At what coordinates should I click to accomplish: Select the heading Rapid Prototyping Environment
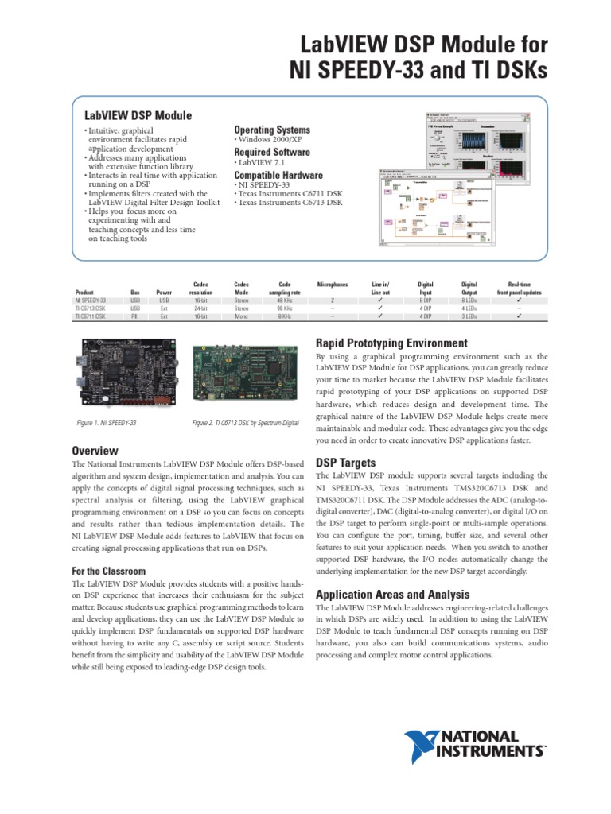click(x=391, y=343)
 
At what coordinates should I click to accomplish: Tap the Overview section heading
click(x=95, y=451)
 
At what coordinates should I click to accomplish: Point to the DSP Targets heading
click(x=346, y=462)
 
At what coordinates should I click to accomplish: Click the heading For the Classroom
click(x=108, y=571)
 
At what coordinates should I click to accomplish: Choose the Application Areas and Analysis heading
click(x=393, y=595)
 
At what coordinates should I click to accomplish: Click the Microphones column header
click(x=333, y=284)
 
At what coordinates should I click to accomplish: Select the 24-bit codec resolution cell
click(x=200, y=308)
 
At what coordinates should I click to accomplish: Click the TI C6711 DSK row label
click(x=91, y=316)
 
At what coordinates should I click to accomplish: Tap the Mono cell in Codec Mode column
click(x=241, y=316)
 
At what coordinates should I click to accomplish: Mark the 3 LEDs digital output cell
click(x=469, y=316)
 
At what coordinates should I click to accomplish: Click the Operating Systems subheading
click(x=272, y=130)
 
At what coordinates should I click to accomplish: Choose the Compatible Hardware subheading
click(x=278, y=175)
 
